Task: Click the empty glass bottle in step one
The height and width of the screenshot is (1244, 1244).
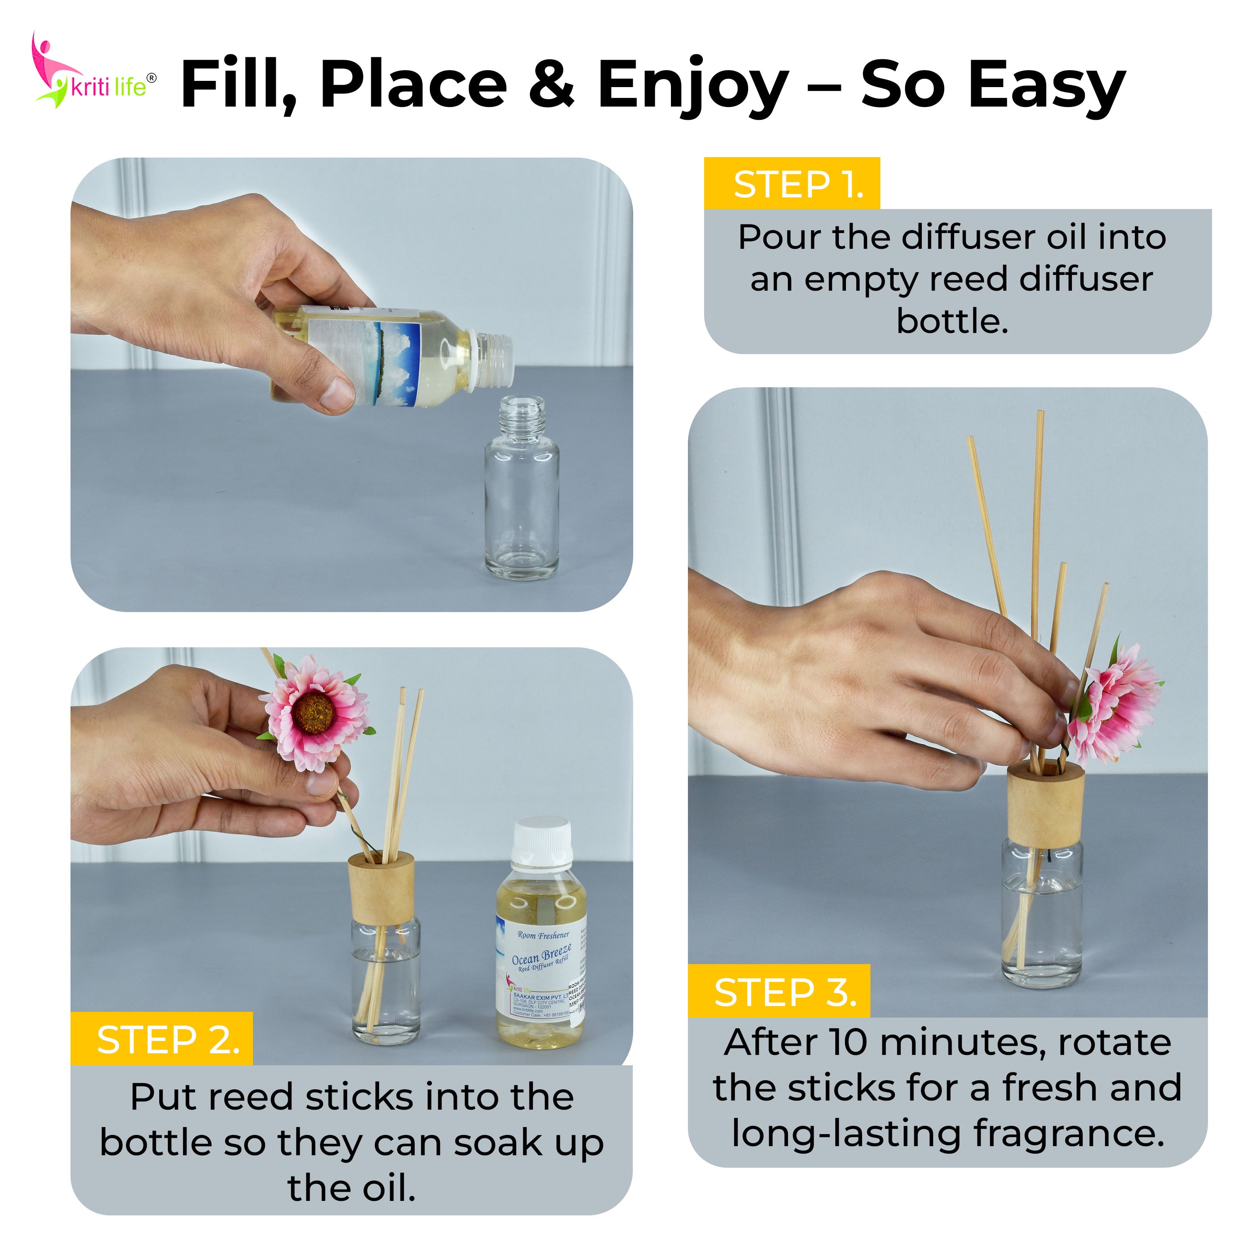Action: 522,496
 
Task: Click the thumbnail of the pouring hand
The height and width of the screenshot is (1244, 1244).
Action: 336,392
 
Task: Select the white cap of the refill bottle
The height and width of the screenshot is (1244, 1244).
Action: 542,840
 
